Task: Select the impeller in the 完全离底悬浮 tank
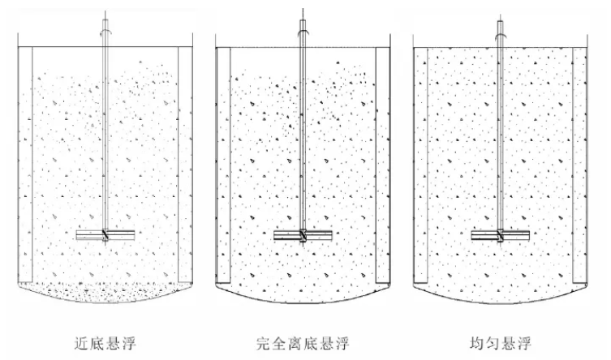pos(302,236)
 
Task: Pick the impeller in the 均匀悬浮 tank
pos(500,236)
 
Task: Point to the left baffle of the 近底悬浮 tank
pos(25,162)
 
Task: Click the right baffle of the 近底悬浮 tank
pos(184,162)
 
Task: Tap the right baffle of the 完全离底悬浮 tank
pos(382,162)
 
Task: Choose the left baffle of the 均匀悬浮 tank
pos(420,162)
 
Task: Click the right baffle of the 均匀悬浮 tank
pos(579,162)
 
